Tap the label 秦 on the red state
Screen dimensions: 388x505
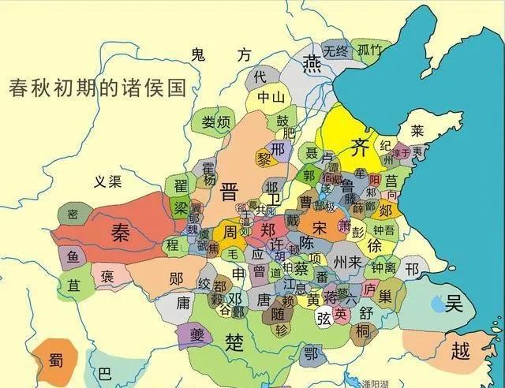120,231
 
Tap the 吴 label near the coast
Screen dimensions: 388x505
454,302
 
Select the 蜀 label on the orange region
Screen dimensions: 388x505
55,360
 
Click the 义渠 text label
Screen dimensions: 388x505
107,182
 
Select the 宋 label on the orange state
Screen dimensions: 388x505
318,227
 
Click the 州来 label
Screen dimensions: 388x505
347,260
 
